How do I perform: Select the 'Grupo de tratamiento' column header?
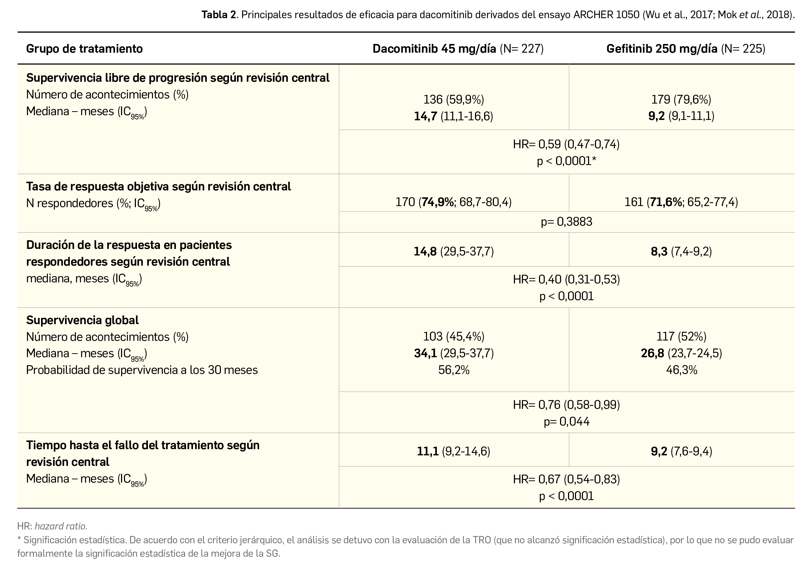coord(84,48)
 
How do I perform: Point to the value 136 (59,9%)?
coord(454,99)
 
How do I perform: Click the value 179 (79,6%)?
coord(681,99)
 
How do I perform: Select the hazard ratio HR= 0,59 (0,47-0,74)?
coord(566,144)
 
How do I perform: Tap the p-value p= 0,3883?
coord(566,222)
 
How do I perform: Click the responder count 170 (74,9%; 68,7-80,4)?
coord(454,202)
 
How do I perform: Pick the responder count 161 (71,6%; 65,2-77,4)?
coord(681,202)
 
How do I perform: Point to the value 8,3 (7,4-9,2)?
coord(681,251)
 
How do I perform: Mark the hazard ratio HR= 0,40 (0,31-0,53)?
coord(566,279)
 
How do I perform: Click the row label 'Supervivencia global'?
coord(82,320)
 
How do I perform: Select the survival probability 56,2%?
coord(454,370)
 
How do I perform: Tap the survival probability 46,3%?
coord(681,370)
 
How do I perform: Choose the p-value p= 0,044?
coord(566,421)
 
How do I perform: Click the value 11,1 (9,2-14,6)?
coord(454,451)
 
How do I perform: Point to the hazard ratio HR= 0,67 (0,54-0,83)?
coord(566,479)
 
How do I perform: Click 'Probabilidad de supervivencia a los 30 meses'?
coord(142,370)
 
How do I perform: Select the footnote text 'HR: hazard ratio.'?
coord(52,526)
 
